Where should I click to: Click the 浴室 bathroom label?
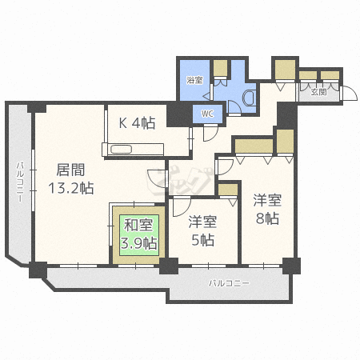pyautogui.click(x=194, y=81)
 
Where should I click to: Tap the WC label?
pyautogui.click(x=207, y=114)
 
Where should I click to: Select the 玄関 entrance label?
pyautogui.click(x=317, y=92)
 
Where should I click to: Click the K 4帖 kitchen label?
pyautogui.click(x=137, y=122)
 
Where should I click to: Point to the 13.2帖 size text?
pyautogui.click(x=70, y=188)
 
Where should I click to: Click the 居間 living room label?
pyautogui.click(x=68, y=170)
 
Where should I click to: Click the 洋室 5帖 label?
pyautogui.click(x=202, y=228)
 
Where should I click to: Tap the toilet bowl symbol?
pyautogui.click(x=248, y=98)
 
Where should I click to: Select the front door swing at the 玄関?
pyautogui.click(x=350, y=93)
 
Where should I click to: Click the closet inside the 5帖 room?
pyautogui.click(x=228, y=190)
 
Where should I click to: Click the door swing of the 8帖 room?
pyautogui.click(x=226, y=166)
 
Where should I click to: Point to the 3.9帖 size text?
pyautogui.click(x=138, y=241)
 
